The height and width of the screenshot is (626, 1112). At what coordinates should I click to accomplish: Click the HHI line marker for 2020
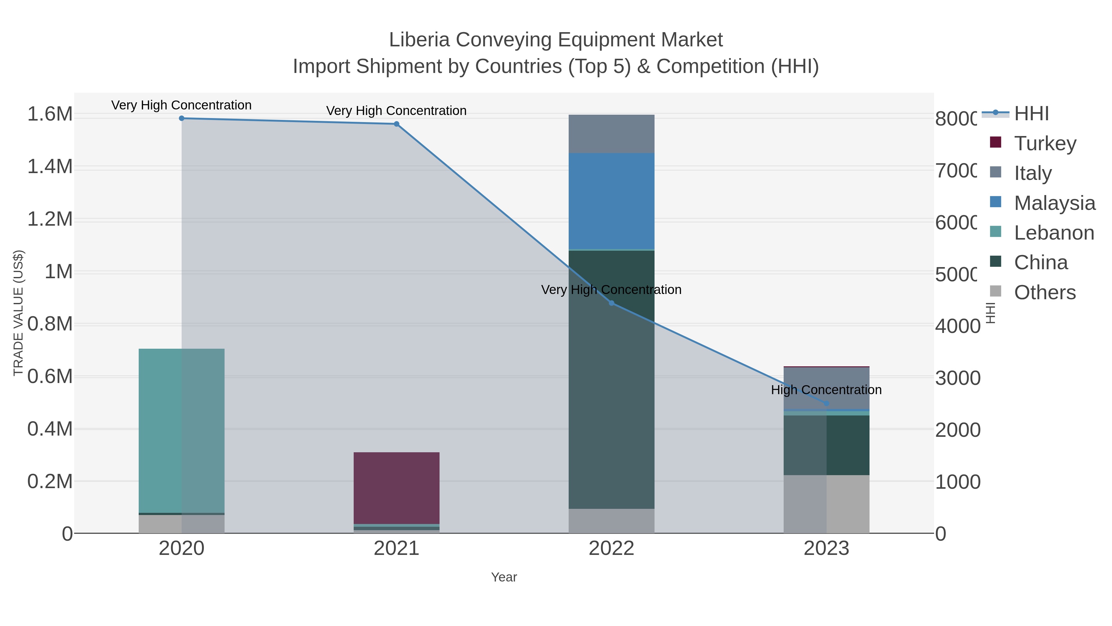click(x=181, y=118)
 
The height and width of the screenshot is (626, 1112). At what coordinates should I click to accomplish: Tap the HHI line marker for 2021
click(x=396, y=124)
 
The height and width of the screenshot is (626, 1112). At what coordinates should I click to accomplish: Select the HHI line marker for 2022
click(x=611, y=303)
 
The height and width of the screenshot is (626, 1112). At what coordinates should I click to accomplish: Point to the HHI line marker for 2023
click(x=826, y=403)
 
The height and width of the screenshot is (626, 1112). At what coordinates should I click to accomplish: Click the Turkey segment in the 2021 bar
click(x=396, y=488)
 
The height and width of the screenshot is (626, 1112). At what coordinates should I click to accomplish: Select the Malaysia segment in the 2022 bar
click(x=611, y=201)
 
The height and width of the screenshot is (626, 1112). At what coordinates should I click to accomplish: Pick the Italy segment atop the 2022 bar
click(x=611, y=134)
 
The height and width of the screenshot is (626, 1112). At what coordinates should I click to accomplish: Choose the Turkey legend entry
click(x=1045, y=143)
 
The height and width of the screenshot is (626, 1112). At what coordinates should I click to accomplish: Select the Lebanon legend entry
click(x=1054, y=233)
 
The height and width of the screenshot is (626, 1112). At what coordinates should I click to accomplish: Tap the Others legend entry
click(x=1045, y=292)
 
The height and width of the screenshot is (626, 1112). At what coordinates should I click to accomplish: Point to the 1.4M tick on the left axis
click(x=50, y=167)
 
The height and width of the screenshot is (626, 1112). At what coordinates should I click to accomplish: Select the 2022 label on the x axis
click(x=611, y=549)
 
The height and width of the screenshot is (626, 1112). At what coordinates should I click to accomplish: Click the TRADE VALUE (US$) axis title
click(x=18, y=313)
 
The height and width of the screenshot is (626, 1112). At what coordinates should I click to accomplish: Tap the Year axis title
click(x=504, y=577)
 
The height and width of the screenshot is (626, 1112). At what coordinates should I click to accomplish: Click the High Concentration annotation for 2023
click(x=826, y=390)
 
